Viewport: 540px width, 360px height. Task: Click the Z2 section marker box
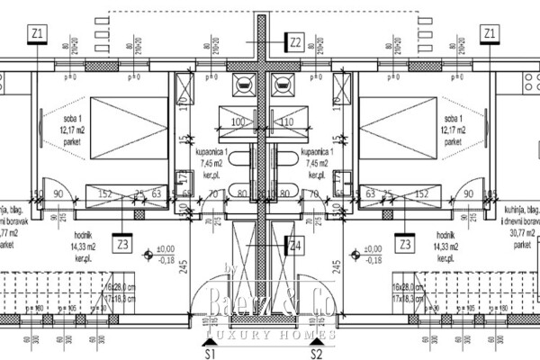pos(296,40)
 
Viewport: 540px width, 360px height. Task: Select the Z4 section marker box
pos(296,244)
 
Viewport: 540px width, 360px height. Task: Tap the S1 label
pos(209,353)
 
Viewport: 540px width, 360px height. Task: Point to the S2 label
pos(316,353)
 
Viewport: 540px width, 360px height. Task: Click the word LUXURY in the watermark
pos(236,337)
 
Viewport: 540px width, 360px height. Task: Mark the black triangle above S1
pos(208,338)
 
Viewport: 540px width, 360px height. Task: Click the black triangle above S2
pos(316,338)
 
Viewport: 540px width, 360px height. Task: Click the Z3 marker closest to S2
pos(405,244)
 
